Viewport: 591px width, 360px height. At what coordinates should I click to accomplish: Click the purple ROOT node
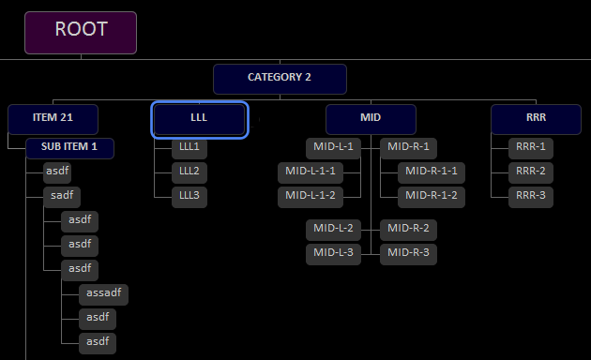(81, 32)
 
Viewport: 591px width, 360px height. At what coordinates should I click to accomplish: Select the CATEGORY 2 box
(280, 78)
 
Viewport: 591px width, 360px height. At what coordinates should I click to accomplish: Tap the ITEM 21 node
(53, 118)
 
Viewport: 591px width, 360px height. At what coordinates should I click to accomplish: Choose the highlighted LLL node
(199, 119)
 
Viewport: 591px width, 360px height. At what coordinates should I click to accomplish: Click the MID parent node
(371, 119)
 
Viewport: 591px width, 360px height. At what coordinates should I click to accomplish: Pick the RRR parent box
(536, 119)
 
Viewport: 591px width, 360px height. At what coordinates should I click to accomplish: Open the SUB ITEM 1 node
(69, 147)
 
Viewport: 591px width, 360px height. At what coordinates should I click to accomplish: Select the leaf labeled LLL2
(189, 172)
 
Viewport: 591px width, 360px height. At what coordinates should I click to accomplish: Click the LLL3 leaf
(189, 196)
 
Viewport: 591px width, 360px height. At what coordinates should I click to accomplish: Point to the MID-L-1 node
(333, 147)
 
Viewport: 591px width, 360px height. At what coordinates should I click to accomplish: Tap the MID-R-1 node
(408, 147)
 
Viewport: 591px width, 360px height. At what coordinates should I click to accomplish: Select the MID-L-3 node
(333, 253)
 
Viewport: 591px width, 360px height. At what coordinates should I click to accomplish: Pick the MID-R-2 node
(408, 229)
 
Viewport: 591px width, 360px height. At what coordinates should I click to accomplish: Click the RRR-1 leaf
(530, 147)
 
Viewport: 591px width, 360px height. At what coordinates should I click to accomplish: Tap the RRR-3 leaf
(530, 196)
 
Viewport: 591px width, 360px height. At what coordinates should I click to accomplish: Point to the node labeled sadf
(62, 196)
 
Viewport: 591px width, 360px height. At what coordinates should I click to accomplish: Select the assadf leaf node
(103, 293)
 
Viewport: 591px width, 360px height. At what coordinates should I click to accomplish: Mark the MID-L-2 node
(333, 229)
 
